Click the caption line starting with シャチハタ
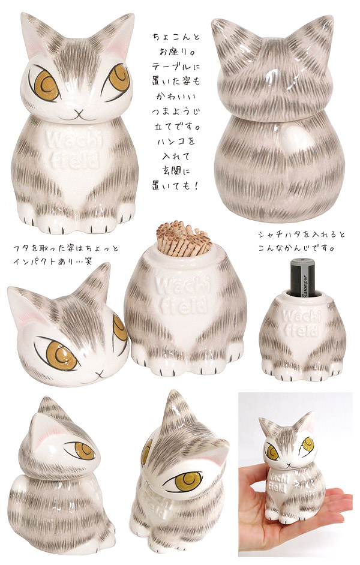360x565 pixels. click(301, 235)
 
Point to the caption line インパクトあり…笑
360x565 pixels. click(53, 261)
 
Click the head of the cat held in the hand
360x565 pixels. click(288, 444)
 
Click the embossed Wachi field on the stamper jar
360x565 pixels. click(301, 323)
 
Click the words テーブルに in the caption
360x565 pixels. click(175, 67)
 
